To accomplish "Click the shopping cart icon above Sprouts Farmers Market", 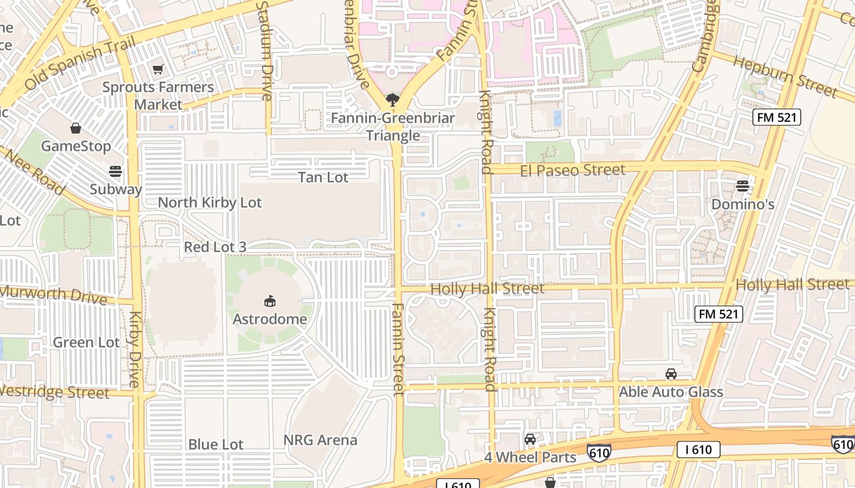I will coord(158,70).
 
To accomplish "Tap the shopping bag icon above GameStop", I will coord(76,128).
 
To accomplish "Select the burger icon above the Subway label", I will coord(115,171).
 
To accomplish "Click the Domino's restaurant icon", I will coord(743,185).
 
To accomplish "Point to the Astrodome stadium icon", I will coord(270,301).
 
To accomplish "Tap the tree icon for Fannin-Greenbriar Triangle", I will coord(393,99).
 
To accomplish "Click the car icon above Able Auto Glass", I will coord(671,374).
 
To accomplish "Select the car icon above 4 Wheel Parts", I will coord(530,439).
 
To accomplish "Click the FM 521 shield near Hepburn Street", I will coord(776,117).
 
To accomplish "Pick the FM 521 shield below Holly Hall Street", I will coord(719,314).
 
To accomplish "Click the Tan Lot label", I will coord(323,178).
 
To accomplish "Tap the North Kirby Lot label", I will coord(209,203).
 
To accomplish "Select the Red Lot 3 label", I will coord(215,247).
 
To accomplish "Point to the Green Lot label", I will coord(86,342).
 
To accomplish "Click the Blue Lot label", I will coord(216,445).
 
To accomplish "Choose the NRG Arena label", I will coord(320,440).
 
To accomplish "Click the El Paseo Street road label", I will coord(573,170).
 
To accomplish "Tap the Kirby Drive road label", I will coord(134,349).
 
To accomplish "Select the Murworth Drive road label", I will coord(54,295).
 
